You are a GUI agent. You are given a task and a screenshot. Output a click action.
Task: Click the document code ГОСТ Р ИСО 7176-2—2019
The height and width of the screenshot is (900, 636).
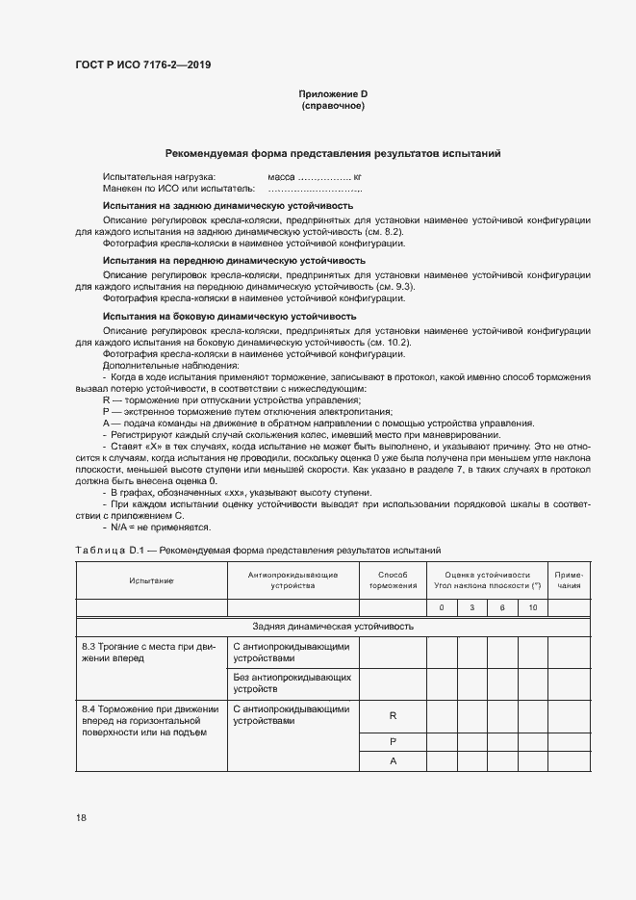143,65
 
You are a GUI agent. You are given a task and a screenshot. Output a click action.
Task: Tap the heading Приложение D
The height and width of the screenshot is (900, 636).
333,94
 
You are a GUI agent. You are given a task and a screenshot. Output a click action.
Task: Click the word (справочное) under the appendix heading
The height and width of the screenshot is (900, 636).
333,106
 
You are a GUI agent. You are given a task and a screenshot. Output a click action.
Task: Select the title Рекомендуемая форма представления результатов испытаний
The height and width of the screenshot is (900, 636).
333,153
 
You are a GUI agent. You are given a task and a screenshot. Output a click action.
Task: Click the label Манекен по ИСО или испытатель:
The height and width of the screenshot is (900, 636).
179,190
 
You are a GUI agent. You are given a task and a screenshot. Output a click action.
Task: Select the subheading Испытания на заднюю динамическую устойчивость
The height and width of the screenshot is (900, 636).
227,206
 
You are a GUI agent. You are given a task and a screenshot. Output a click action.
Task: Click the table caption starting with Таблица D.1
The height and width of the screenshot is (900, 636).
258,551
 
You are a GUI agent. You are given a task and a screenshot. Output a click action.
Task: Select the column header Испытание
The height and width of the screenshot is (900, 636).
151,580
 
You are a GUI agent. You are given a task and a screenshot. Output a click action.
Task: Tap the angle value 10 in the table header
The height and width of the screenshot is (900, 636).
532,607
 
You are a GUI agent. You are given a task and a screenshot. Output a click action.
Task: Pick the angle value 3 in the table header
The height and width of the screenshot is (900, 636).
471,607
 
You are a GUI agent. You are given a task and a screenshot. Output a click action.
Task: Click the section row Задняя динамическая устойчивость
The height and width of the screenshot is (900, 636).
333,627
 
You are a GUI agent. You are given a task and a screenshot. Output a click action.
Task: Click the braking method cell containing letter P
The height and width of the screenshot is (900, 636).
393,741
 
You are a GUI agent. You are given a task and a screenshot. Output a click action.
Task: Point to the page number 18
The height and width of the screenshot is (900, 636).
82,817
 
